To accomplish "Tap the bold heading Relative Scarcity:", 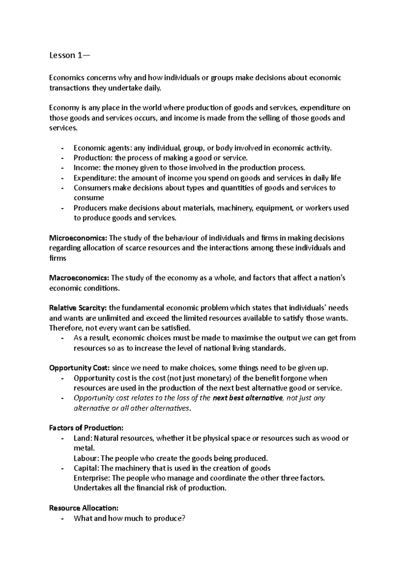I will coord(78,308).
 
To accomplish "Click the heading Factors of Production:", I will coord(86,428).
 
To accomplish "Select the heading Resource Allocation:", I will coord(84,508).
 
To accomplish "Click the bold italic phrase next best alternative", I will coord(248,398).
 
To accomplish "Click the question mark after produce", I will coord(184,518).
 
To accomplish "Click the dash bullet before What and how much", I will coord(62,518).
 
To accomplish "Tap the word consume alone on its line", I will coord(89,198).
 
